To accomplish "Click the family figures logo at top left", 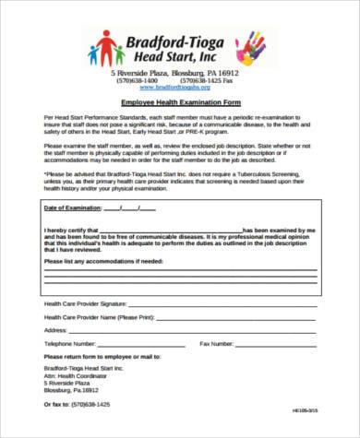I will click(x=105, y=48).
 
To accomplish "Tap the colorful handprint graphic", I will click(x=250, y=47).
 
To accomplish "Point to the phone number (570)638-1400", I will click(x=136, y=80).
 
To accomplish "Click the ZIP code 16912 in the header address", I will click(x=234, y=72).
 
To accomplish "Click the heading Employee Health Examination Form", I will click(x=179, y=103).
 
